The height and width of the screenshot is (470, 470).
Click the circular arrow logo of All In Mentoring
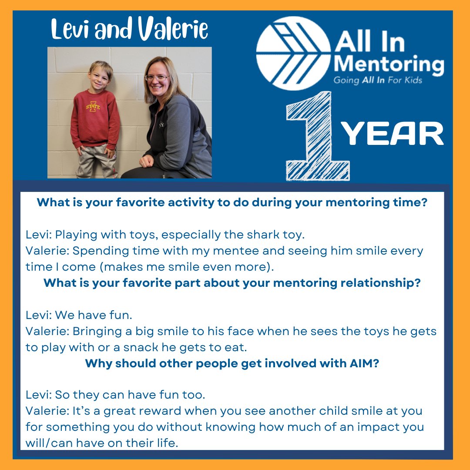click(294, 53)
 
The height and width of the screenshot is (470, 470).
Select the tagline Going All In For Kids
click(378, 80)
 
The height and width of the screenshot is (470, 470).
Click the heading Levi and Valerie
click(129, 30)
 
